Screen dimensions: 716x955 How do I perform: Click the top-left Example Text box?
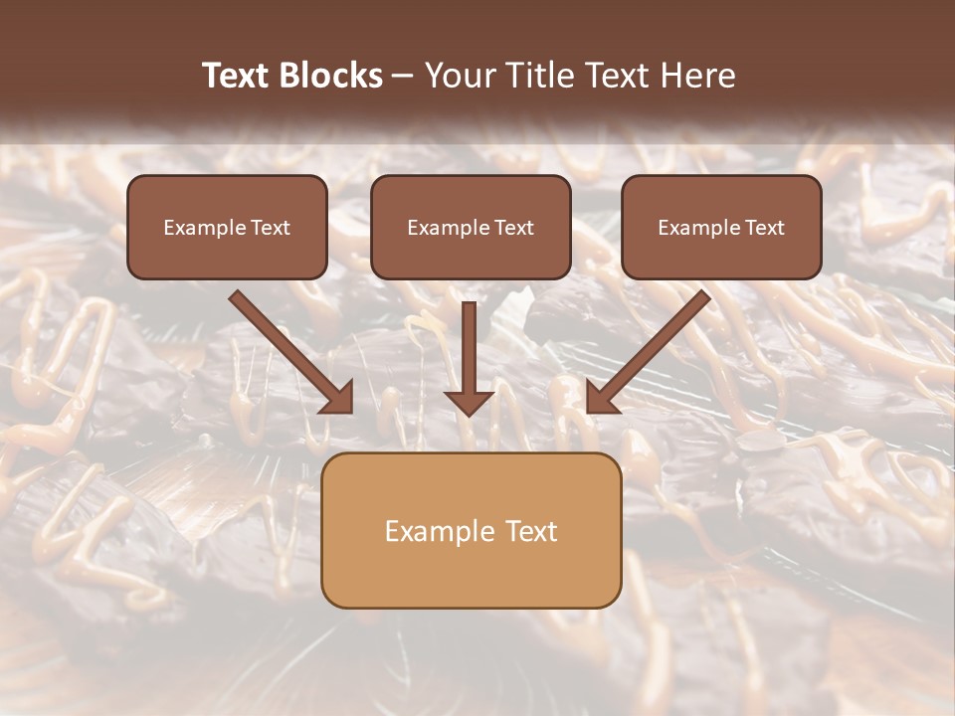(x=227, y=227)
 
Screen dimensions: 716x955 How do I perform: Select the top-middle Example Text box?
(x=471, y=227)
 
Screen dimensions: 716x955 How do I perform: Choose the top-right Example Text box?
(x=721, y=227)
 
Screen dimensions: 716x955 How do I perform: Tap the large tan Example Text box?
(x=471, y=530)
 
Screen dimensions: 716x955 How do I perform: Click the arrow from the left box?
(x=288, y=350)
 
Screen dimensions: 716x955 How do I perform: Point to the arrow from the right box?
(x=652, y=350)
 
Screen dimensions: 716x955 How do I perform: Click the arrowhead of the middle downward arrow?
(x=470, y=402)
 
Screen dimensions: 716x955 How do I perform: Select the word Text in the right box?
(x=764, y=228)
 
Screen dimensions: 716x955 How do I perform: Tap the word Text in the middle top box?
(x=513, y=228)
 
